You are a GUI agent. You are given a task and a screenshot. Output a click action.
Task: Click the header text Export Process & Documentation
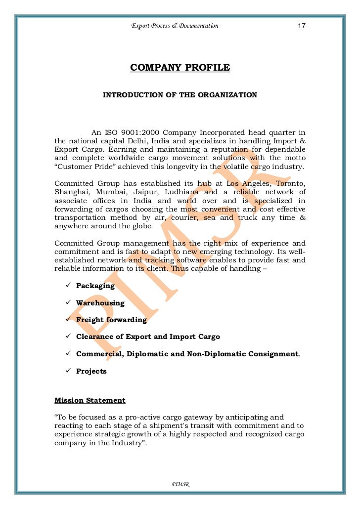coord(175,26)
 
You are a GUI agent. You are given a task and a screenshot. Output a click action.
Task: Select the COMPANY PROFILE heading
coord(180,68)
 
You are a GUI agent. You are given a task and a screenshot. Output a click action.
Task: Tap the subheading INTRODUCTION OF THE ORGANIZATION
coord(180,94)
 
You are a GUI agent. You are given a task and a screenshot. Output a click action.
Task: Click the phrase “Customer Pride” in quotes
coord(79,167)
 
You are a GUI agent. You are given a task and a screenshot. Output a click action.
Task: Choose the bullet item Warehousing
coord(100,303)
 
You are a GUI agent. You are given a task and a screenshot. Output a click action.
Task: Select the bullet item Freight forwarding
coord(111,320)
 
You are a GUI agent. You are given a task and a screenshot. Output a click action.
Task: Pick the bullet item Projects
coord(91,371)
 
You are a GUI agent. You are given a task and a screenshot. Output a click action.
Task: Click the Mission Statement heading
coord(90,400)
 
